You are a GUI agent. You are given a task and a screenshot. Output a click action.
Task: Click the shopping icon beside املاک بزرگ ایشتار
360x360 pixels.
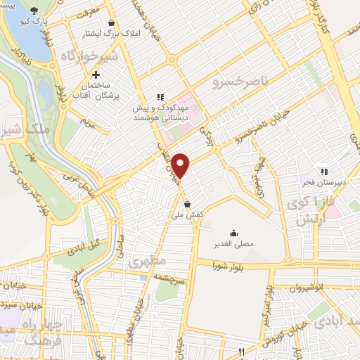pos(112,23)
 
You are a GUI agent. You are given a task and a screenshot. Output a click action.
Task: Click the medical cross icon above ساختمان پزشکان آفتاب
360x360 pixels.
pos(96,74)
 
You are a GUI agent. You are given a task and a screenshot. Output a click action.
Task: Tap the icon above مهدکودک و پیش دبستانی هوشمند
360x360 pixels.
pos(160,97)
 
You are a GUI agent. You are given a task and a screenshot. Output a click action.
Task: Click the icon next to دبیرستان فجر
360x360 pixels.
pos(324,171)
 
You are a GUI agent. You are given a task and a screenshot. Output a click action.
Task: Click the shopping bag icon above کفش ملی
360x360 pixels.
pos(186,204)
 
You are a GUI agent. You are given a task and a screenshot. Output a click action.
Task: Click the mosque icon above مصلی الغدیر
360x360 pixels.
pos(233,232)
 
